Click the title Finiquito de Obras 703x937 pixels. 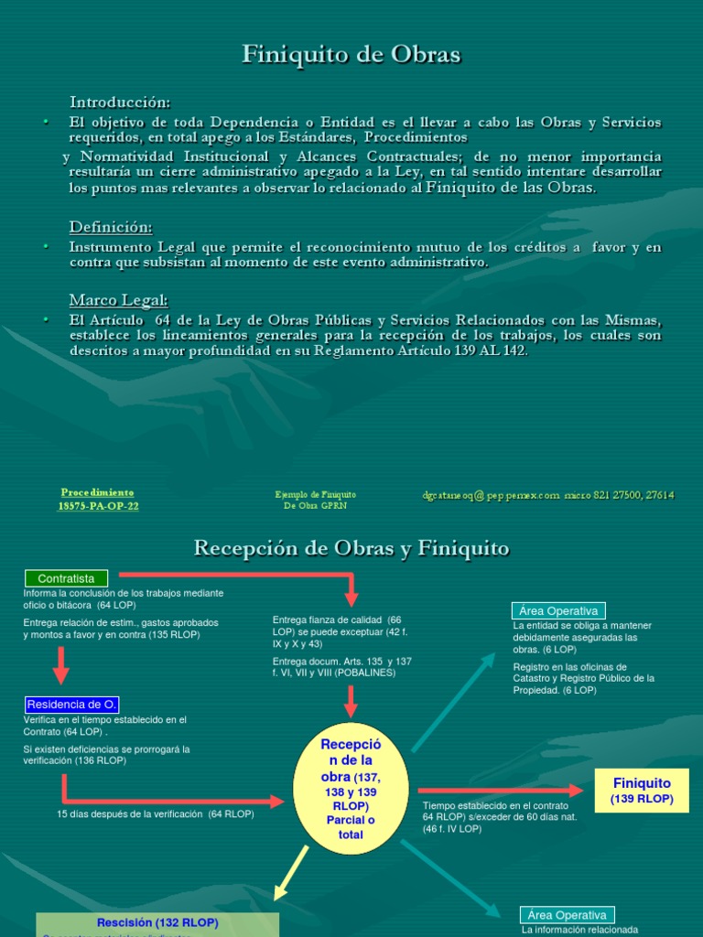coord(351,55)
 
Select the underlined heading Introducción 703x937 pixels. coord(120,102)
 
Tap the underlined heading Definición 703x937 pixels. coord(111,227)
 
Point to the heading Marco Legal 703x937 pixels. coord(119,300)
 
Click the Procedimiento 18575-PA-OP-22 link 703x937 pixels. coord(98,499)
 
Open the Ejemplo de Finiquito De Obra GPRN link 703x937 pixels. coord(316,500)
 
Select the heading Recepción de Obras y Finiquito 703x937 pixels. coord(351,549)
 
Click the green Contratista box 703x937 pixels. coord(66,578)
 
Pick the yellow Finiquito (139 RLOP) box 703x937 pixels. coord(642,791)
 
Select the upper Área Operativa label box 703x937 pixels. coord(558,611)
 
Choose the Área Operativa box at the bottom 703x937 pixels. coord(568,915)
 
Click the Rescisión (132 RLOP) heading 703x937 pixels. coord(157,922)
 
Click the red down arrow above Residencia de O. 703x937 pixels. coord(61,665)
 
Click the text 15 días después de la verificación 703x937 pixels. coord(156,813)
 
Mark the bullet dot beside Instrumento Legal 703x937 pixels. coord(45,247)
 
